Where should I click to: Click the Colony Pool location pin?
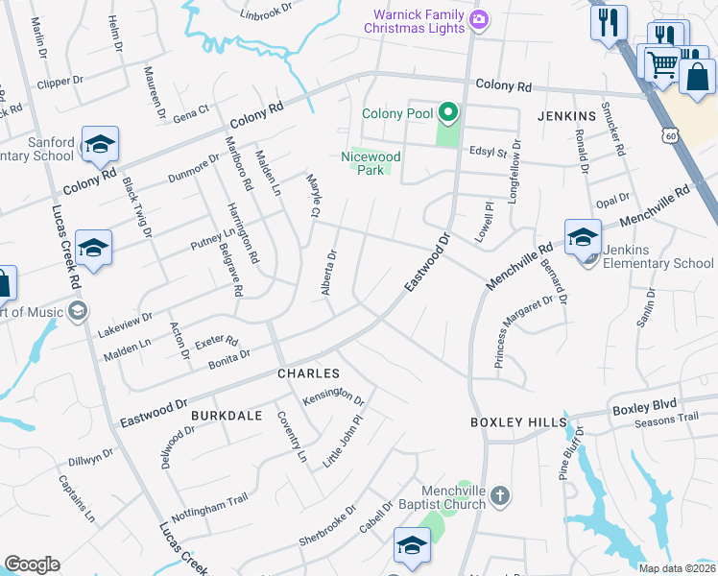tap(446, 113)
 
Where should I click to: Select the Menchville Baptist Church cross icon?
tap(498, 496)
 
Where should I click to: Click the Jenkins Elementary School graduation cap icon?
tap(583, 236)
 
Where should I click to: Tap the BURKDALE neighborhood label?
tap(227, 415)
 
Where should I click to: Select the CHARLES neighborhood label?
tap(308, 372)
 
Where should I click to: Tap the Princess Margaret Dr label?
tap(525, 331)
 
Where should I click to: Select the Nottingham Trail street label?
tap(209, 505)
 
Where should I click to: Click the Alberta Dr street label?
tap(328, 272)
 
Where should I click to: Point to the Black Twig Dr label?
tap(138, 208)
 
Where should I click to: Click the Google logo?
tap(32, 564)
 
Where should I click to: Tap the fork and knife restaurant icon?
tap(609, 22)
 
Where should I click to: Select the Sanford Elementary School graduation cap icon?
tap(100, 144)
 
